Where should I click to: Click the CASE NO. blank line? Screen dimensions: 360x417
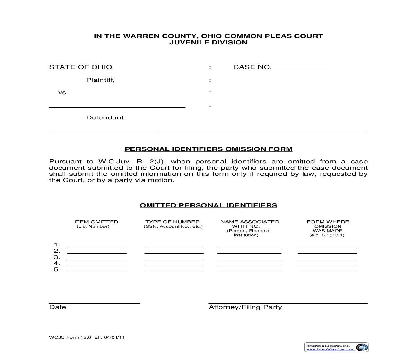point(301,68)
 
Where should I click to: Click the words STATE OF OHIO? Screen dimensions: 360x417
point(80,67)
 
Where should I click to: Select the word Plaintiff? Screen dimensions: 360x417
point(100,80)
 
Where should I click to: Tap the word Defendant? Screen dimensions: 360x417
point(106,117)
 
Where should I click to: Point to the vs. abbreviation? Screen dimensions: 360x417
point(63,93)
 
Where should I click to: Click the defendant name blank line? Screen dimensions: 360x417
point(117,106)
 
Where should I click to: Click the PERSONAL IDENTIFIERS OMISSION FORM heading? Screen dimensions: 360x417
point(208,149)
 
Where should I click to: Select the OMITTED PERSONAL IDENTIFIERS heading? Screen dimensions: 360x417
point(208,205)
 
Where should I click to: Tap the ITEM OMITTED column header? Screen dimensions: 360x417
point(96,222)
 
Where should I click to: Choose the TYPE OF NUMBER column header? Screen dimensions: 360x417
point(172,222)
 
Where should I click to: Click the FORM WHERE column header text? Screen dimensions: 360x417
point(328,222)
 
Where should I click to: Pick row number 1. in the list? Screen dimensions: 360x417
point(57,245)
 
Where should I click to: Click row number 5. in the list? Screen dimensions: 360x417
point(57,270)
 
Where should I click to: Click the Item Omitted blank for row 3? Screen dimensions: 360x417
point(97,258)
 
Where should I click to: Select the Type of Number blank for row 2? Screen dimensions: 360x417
point(174,252)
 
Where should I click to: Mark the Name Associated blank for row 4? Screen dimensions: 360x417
point(249,264)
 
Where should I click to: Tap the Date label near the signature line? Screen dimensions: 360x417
point(58,307)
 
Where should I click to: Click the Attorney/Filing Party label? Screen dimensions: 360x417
point(245,307)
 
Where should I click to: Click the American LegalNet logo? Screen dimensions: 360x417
point(336,347)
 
